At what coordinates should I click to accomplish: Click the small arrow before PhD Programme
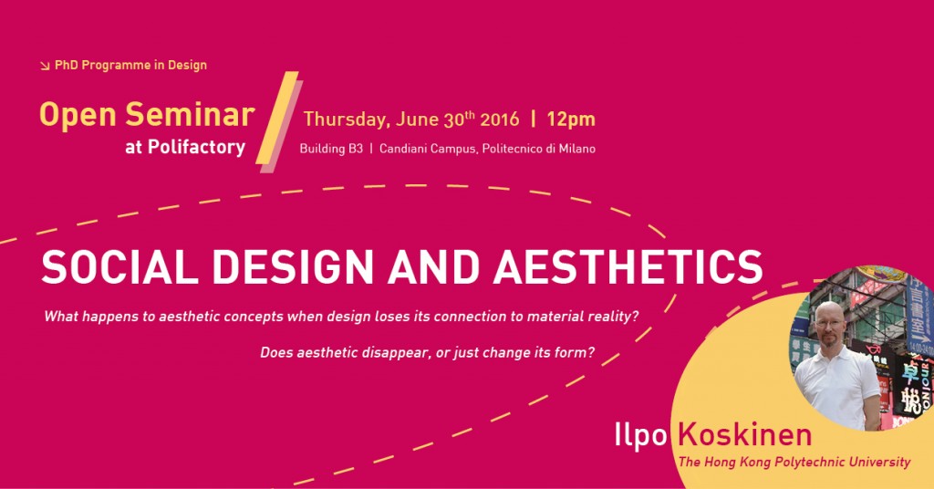tap(46, 66)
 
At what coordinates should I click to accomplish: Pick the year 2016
tap(500, 120)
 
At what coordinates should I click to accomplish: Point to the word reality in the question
tap(616, 317)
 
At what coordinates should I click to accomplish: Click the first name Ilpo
tap(642, 435)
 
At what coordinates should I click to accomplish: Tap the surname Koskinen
tap(740, 435)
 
